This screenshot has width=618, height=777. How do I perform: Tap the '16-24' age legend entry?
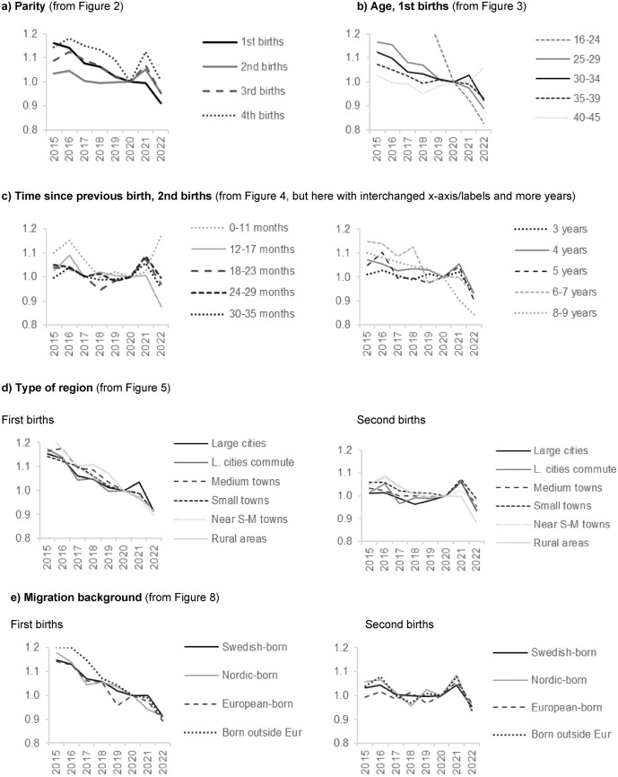(x=562, y=39)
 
